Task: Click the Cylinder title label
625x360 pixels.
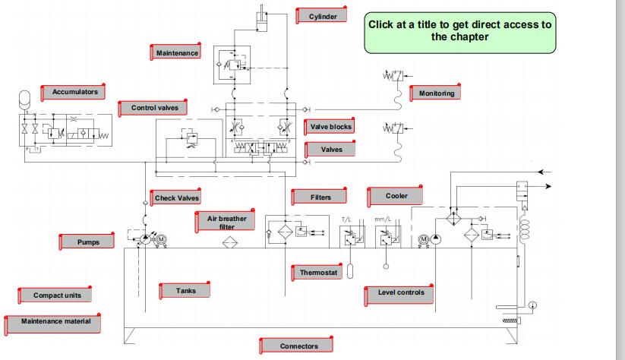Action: [x=323, y=16]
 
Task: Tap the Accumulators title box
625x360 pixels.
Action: [x=74, y=92]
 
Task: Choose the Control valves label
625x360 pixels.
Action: [x=153, y=109]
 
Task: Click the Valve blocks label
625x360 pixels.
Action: [x=331, y=127]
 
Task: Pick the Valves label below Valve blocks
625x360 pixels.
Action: [x=332, y=150]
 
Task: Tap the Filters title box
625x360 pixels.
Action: [x=320, y=197]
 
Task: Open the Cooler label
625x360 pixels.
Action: [x=396, y=196]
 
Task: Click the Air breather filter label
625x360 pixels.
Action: [x=226, y=222]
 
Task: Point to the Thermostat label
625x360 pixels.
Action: [x=318, y=271]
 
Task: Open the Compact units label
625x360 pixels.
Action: [x=62, y=295]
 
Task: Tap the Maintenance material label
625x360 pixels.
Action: [x=55, y=322]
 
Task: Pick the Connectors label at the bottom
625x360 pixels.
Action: [x=298, y=346]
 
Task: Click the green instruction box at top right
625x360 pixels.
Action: [x=459, y=32]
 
